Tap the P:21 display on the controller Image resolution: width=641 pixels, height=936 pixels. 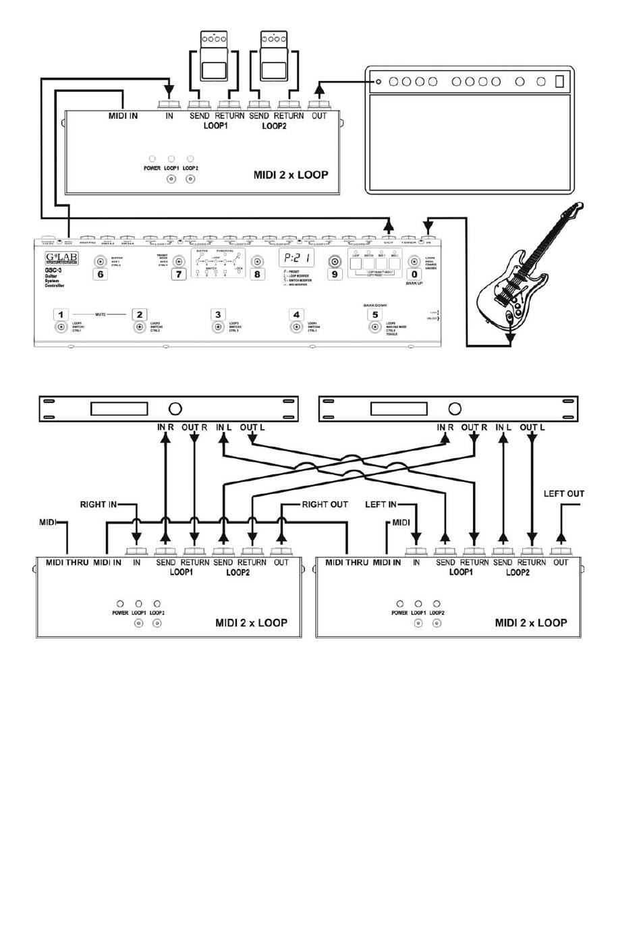tap(297, 257)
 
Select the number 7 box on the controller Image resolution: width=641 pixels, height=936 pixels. tap(178, 274)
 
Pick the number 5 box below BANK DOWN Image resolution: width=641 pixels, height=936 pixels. tap(374, 314)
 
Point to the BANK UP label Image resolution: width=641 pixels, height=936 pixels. tap(414, 283)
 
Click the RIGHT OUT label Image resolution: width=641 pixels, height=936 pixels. tap(325, 504)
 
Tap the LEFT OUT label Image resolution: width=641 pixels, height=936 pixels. tap(563, 494)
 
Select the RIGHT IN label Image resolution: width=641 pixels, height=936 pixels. tap(98, 504)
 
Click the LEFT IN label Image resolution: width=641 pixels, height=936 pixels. tap(381, 504)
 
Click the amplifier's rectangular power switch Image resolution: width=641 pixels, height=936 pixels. tap(559, 82)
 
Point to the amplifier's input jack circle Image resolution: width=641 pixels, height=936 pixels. tap(379, 82)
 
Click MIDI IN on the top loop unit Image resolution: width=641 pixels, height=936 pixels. tap(123, 116)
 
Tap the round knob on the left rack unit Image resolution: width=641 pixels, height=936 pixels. tap(175, 408)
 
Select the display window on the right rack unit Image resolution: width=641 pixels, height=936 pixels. tap(398, 408)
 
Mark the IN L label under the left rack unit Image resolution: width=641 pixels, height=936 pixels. tap(224, 427)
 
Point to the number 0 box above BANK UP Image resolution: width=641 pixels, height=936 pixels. tap(414, 274)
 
